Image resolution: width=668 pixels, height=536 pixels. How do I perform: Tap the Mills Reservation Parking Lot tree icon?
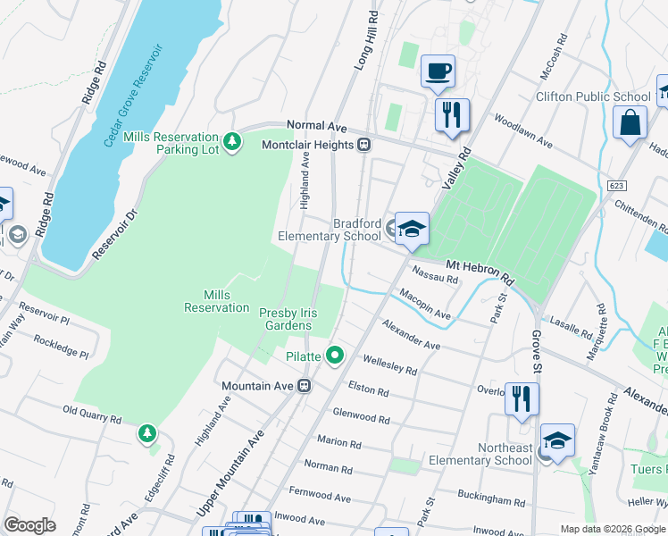(232, 142)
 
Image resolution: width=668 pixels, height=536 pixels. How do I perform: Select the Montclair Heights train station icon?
(364, 144)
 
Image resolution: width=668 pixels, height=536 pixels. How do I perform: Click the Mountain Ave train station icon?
(304, 386)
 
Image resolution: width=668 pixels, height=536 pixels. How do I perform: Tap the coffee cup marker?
(437, 71)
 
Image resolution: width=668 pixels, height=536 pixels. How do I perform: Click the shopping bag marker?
(630, 123)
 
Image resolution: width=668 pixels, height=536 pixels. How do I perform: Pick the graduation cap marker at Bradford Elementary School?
(412, 229)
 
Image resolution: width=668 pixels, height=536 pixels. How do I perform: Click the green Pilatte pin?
(335, 356)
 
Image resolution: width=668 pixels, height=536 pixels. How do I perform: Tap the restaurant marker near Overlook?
(522, 397)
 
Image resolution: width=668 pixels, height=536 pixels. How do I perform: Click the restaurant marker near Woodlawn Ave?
(452, 115)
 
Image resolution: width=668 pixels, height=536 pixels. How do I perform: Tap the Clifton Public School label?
(593, 96)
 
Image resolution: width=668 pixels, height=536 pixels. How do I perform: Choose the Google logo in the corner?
(29, 525)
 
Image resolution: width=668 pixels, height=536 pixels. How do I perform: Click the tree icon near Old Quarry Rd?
(146, 433)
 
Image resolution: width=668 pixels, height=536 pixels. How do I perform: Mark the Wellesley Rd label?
(389, 364)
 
